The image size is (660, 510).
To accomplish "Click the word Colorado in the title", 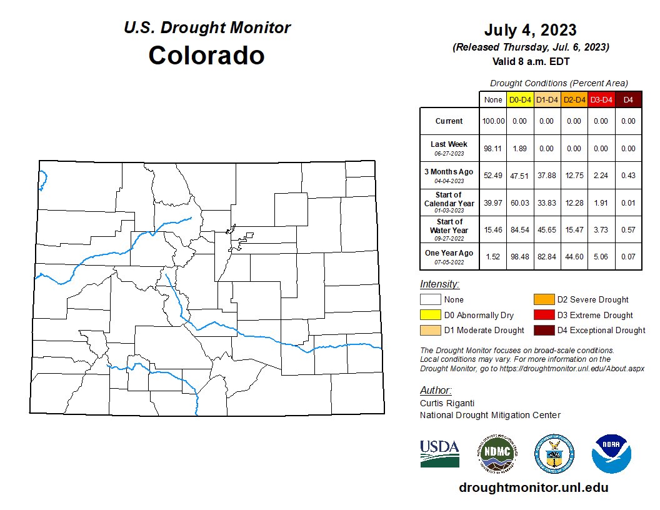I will click(x=206, y=55).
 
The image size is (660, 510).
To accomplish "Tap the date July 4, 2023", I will click(x=530, y=30).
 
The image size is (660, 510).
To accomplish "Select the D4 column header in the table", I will click(x=628, y=100).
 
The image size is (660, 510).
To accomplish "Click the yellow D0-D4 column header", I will click(x=520, y=100).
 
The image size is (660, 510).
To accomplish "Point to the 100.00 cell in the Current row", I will click(x=492, y=121).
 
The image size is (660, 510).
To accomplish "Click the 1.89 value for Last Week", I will click(x=520, y=149).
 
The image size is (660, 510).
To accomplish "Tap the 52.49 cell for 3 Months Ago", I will click(x=492, y=176).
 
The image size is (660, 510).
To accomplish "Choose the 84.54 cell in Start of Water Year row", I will click(x=520, y=230).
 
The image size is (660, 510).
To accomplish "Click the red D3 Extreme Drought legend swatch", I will click(x=543, y=315).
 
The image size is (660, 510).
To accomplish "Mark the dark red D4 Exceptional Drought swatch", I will click(x=543, y=330).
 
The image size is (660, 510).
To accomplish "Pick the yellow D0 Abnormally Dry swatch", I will click(x=430, y=315).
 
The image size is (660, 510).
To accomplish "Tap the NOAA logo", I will click(x=612, y=454).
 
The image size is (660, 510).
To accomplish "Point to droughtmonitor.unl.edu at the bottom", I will click(x=533, y=487).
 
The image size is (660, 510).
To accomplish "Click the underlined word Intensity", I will click(x=439, y=284).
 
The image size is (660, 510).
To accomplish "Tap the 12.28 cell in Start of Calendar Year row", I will click(x=574, y=203).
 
